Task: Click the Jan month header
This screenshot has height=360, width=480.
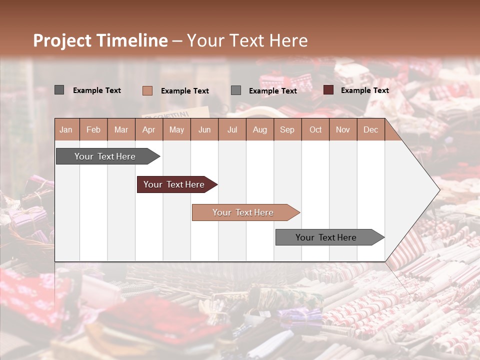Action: (66, 129)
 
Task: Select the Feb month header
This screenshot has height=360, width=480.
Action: (93, 129)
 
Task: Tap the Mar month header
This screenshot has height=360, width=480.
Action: (121, 129)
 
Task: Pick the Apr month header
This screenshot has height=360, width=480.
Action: (148, 129)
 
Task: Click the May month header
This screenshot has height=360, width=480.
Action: (176, 129)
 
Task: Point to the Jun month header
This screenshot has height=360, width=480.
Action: (204, 129)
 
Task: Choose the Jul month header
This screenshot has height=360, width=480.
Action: (232, 129)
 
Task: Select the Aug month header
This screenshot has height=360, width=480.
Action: (259, 129)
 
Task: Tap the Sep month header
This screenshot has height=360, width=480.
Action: (287, 129)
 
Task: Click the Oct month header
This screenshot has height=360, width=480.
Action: (315, 129)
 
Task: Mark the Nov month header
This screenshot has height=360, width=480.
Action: (343, 129)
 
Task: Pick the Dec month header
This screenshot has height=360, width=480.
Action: (370, 129)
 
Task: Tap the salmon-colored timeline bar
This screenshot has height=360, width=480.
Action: (243, 212)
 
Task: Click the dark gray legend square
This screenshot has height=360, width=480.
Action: (59, 90)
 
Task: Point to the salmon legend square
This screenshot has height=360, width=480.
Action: (147, 90)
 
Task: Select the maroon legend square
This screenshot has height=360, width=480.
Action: (328, 90)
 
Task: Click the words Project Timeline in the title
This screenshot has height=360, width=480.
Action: (100, 40)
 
